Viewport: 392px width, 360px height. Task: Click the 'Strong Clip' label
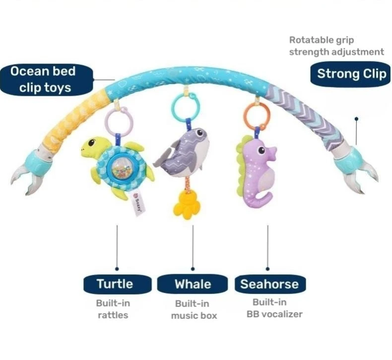[x=351, y=74]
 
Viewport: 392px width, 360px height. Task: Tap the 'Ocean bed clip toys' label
[x=44, y=79]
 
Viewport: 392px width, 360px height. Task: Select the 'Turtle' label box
[x=115, y=284]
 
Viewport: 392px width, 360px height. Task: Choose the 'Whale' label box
[x=193, y=284]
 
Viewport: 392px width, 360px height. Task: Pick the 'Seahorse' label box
[x=269, y=284]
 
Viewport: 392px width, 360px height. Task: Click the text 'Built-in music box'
[x=194, y=309]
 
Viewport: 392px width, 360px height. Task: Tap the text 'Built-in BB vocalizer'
[x=274, y=307]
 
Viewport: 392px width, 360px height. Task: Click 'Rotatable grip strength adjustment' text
[x=336, y=46]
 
